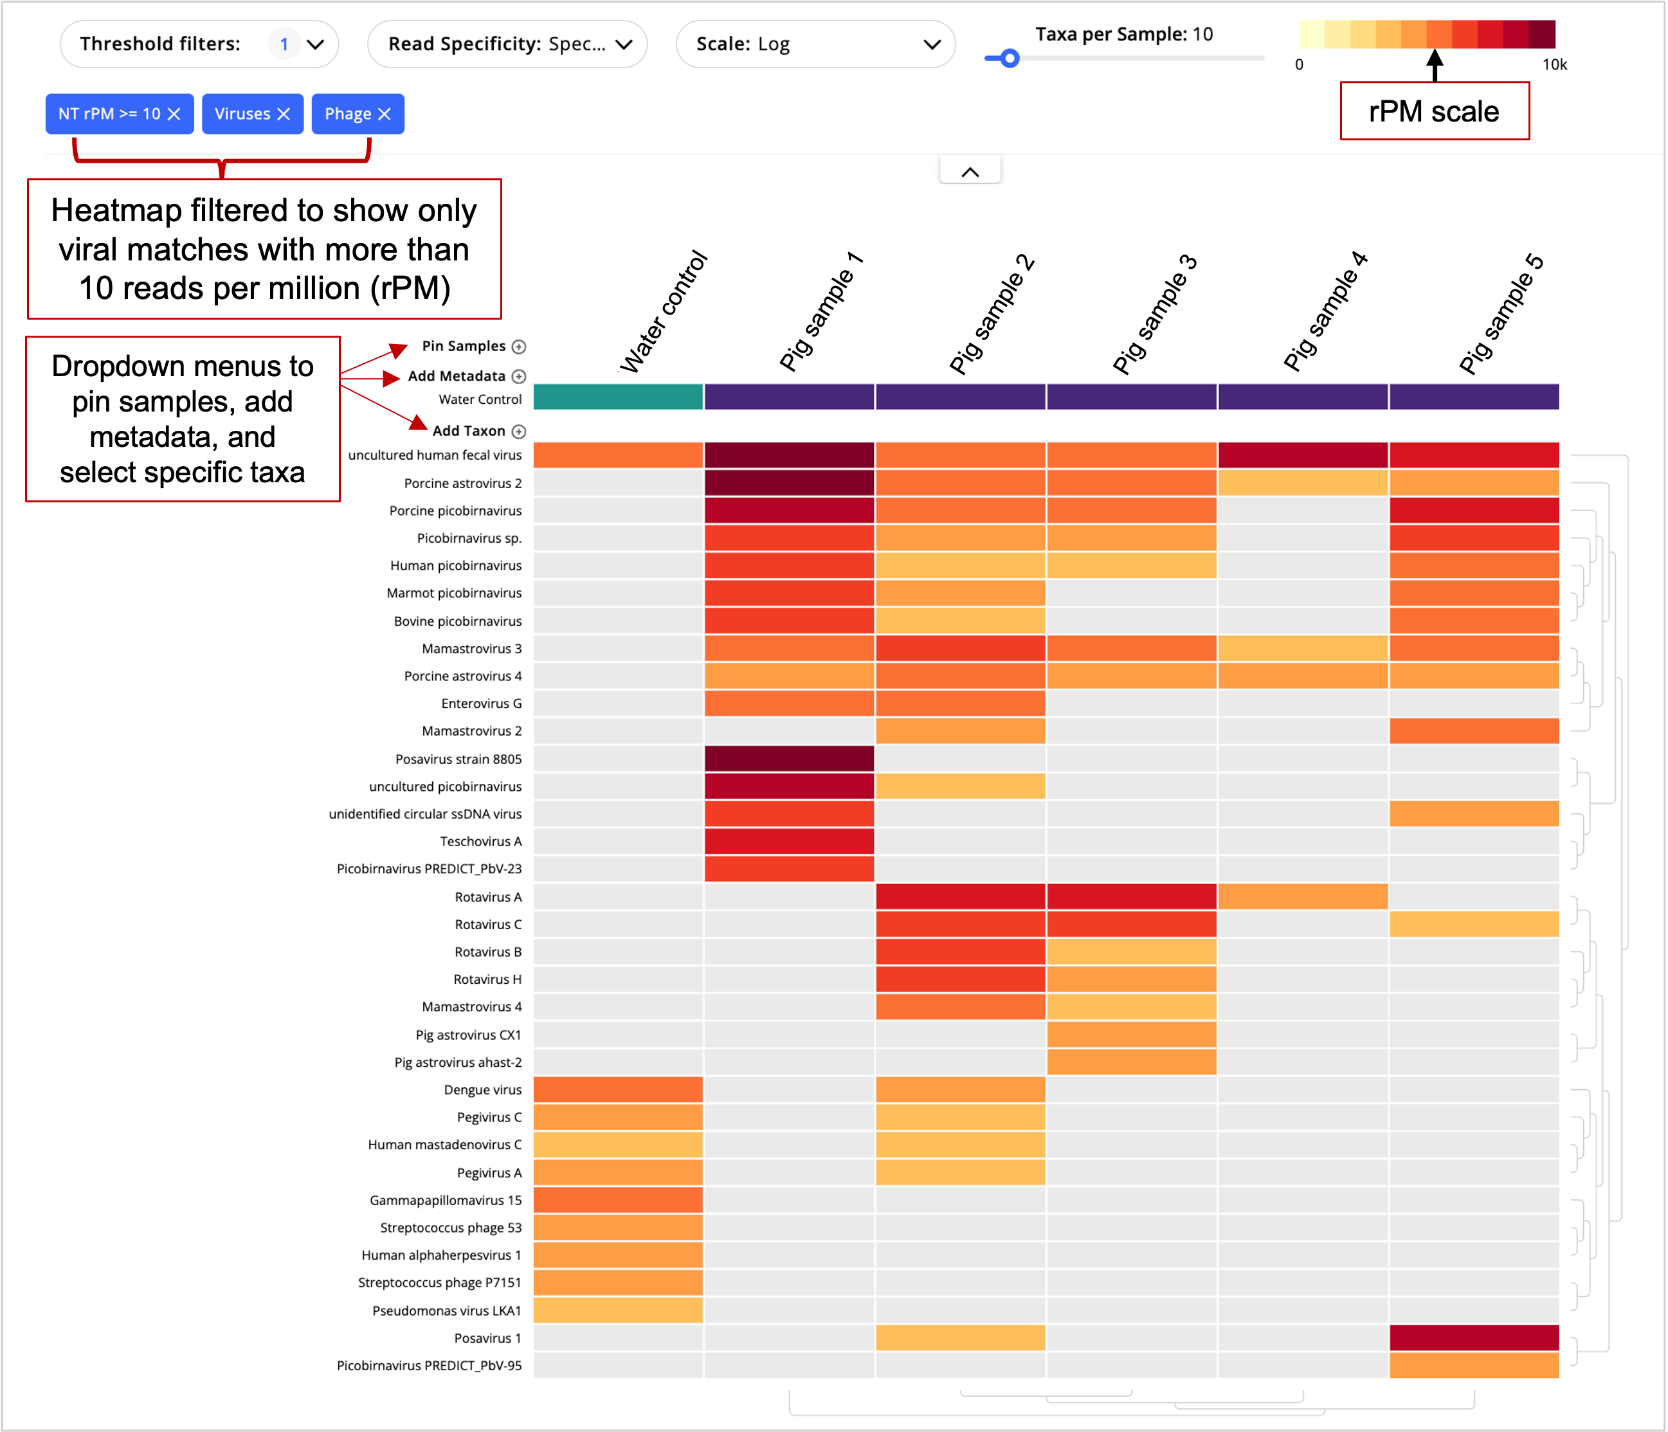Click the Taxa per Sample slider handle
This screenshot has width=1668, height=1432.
pyautogui.click(x=1010, y=59)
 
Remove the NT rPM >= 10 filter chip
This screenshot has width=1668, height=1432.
pyautogui.click(x=174, y=114)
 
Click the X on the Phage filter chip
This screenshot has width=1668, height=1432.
pyautogui.click(x=385, y=114)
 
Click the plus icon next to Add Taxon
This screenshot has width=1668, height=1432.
pyautogui.click(x=519, y=431)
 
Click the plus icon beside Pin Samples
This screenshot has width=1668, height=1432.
pyautogui.click(x=519, y=347)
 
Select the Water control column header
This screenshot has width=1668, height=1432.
pyautogui.click(x=664, y=314)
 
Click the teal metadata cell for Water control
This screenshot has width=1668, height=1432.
pyautogui.click(x=618, y=397)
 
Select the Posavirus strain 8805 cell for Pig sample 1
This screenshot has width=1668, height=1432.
pyautogui.click(x=789, y=758)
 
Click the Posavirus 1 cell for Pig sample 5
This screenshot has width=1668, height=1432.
pyautogui.click(x=1474, y=1338)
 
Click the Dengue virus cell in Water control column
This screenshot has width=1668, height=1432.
pyautogui.click(x=618, y=1090)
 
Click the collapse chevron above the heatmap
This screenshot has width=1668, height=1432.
pyautogui.click(x=970, y=172)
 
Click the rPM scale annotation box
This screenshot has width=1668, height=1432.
pyautogui.click(x=1434, y=111)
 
